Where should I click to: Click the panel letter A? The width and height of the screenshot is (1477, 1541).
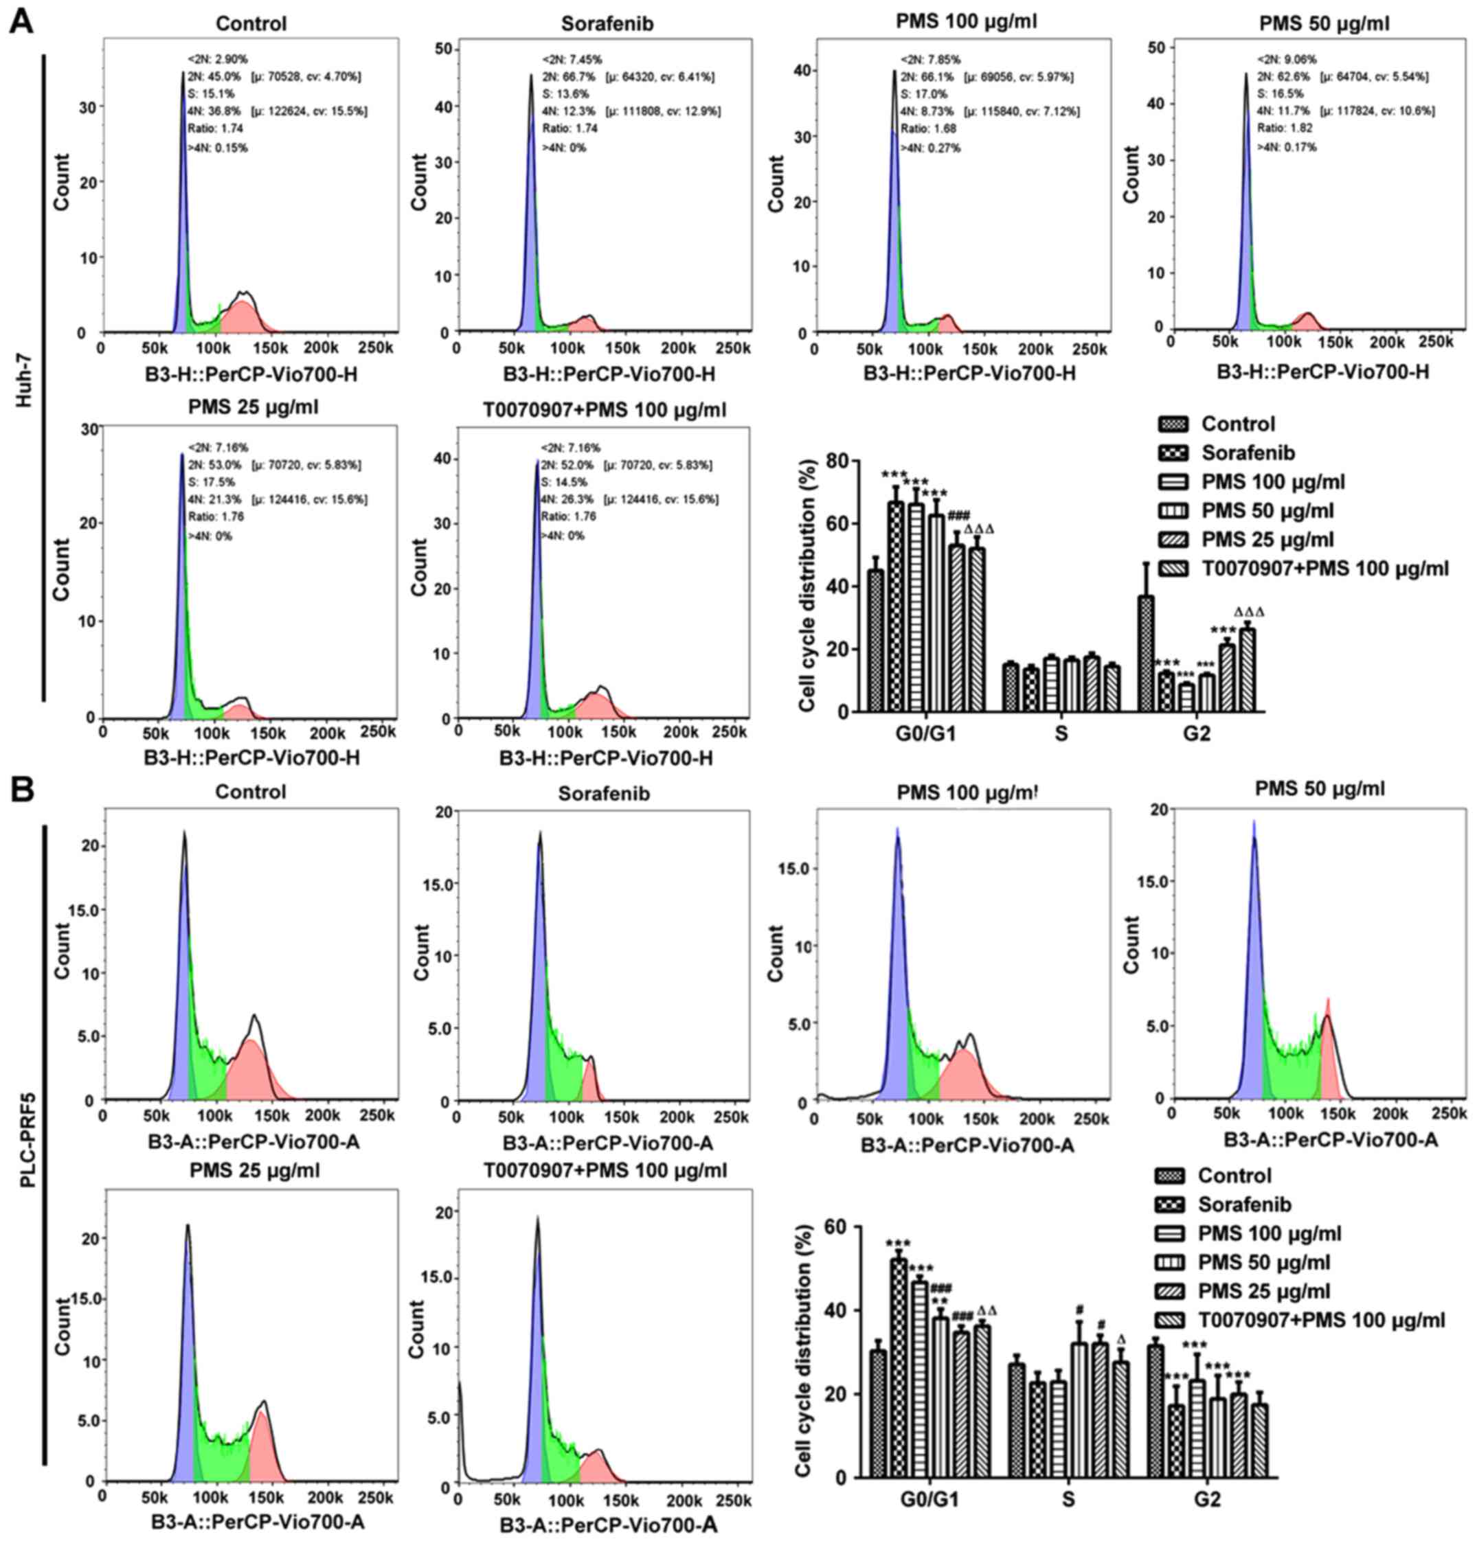point(21,21)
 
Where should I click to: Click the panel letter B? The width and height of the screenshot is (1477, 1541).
point(21,788)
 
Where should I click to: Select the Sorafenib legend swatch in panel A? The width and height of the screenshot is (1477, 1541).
point(1173,453)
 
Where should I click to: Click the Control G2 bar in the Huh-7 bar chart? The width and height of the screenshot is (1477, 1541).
point(1146,653)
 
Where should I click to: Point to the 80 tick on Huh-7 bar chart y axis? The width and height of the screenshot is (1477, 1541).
point(842,461)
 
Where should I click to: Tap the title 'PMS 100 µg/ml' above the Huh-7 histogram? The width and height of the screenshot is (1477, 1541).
point(966,21)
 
